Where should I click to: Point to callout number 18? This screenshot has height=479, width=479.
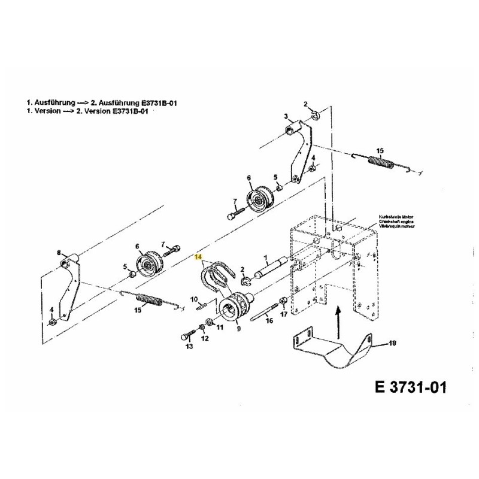[x=393, y=344]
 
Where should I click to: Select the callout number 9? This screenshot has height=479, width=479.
[x=238, y=328]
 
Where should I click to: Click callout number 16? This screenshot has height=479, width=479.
[x=269, y=321]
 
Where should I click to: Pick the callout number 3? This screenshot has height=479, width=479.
[x=286, y=116]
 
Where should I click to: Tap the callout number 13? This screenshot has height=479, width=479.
[x=189, y=346]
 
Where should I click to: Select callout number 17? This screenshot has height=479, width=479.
[x=284, y=314]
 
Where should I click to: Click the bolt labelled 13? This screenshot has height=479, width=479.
[x=186, y=333]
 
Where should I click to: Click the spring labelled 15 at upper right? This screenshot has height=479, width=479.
[x=383, y=162]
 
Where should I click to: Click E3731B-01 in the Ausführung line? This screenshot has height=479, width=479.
[x=156, y=103]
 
